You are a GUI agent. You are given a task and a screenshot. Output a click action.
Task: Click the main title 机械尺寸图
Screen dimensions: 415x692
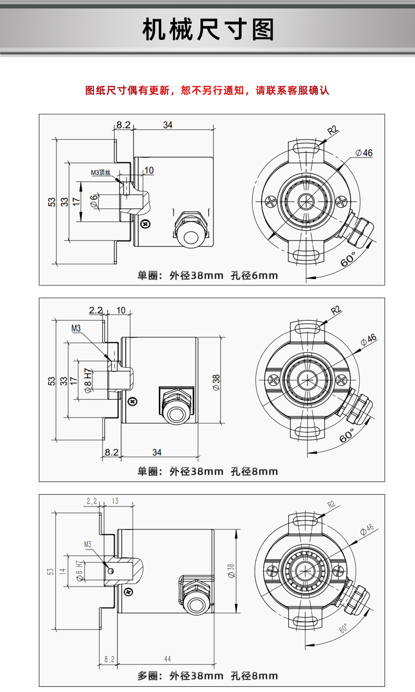pos(208,30)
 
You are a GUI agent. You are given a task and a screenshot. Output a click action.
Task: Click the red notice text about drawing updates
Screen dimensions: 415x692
pos(207,90)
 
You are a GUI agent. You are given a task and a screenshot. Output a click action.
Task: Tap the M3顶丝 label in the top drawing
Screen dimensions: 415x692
pos(101,173)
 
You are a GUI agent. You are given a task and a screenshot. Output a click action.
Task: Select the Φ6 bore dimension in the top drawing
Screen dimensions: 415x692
pos(94,201)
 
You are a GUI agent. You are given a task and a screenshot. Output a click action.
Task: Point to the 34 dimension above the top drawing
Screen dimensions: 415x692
pos(168,125)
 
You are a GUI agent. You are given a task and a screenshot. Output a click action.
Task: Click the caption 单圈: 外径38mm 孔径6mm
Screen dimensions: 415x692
pos(207,275)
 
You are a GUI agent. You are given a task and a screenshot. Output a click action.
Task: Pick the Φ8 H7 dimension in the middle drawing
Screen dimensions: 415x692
pos(88,381)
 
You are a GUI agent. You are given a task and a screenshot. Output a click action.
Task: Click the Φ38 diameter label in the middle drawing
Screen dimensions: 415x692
pos(216,383)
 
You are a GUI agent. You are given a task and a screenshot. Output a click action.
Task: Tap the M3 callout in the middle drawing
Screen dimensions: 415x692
pos(76,328)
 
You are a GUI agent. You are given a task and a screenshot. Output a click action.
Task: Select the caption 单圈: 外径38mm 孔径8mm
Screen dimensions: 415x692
pos(207,472)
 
